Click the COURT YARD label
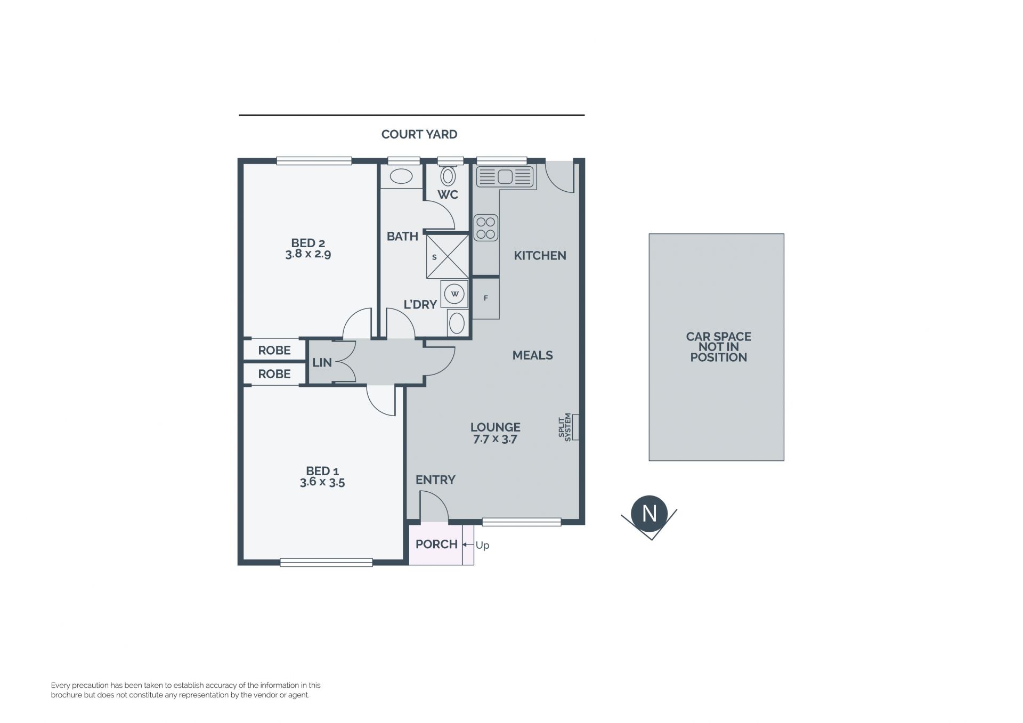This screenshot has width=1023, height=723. (419, 134)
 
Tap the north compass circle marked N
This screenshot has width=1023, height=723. (649, 513)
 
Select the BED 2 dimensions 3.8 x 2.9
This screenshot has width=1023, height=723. (308, 254)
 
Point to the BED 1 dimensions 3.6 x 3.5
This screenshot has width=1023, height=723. (322, 482)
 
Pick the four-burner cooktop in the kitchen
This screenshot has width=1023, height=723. (486, 228)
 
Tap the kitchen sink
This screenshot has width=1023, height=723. (505, 176)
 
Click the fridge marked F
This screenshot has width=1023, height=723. (486, 298)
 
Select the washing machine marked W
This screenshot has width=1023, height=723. (454, 294)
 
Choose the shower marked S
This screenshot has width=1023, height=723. (448, 257)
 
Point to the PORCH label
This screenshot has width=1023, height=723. (436, 544)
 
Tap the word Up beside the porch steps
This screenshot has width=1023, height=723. (482, 545)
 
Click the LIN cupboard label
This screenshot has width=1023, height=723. (322, 362)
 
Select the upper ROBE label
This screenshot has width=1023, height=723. (274, 350)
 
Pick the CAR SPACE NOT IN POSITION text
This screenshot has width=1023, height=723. (718, 347)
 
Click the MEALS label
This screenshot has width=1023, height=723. (532, 355)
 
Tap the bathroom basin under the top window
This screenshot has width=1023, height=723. (401, 176)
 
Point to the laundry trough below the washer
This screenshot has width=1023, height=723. (456, 323)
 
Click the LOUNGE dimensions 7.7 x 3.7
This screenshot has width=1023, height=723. (495, 440)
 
